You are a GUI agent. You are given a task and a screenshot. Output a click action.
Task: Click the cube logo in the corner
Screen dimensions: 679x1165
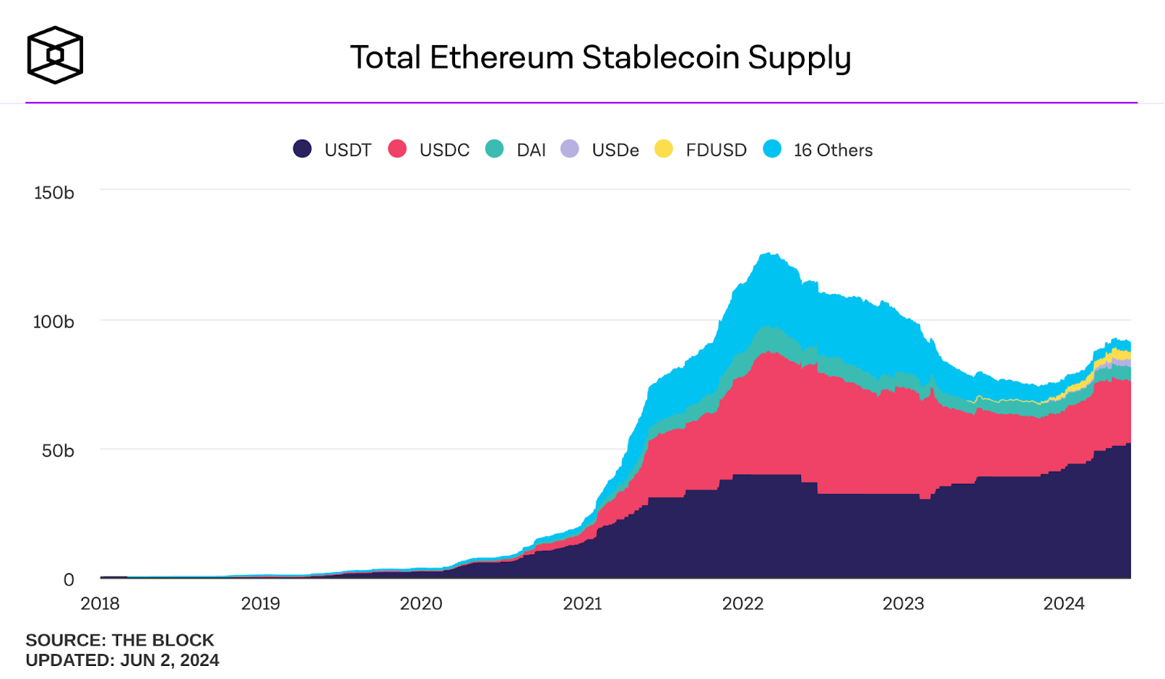(x=55, y=55)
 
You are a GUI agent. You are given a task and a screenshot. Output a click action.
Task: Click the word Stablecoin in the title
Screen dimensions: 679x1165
(x=660, y=57)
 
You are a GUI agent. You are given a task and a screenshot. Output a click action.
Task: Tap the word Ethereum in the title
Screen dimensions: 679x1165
(x=501, y=57)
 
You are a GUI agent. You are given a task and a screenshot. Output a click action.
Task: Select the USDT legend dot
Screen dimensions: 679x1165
(x=302, y=149)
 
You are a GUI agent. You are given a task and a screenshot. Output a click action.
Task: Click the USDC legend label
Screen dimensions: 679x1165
(x=444, y=150)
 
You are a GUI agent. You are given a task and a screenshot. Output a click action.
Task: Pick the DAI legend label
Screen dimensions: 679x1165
(x=531, y=150)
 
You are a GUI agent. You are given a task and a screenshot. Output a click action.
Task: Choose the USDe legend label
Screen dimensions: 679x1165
(x=615, y=150)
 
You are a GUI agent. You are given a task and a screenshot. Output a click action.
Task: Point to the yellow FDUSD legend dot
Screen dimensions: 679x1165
(x=663, y=149)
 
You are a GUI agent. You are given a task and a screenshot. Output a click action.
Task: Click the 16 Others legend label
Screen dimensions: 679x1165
(x=833, y=150)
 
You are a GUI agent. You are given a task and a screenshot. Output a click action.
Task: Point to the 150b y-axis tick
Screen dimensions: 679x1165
(x=54, y=193)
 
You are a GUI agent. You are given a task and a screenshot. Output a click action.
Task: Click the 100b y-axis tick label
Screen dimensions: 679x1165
(x=53, y=322)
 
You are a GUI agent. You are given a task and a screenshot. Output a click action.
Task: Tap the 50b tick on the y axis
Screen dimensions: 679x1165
(x=58, y=451)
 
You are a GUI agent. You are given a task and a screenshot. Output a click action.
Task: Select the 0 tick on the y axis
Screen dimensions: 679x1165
(x=68, y=580)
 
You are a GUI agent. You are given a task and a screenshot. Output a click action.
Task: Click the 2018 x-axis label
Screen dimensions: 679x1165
(x=100, y=603)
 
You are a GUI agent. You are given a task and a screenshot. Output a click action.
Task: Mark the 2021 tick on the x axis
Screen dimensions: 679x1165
(x=582, y=603)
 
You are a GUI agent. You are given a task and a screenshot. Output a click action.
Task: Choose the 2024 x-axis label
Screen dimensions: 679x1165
(x=1064, y=603)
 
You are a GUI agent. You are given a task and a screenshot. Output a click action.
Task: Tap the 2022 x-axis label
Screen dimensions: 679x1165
(x=743, y=603)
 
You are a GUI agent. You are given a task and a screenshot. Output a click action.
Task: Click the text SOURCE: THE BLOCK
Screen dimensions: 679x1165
(x=120, y=640)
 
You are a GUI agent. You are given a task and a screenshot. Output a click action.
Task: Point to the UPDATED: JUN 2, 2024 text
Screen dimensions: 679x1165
(x=122, y=660)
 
